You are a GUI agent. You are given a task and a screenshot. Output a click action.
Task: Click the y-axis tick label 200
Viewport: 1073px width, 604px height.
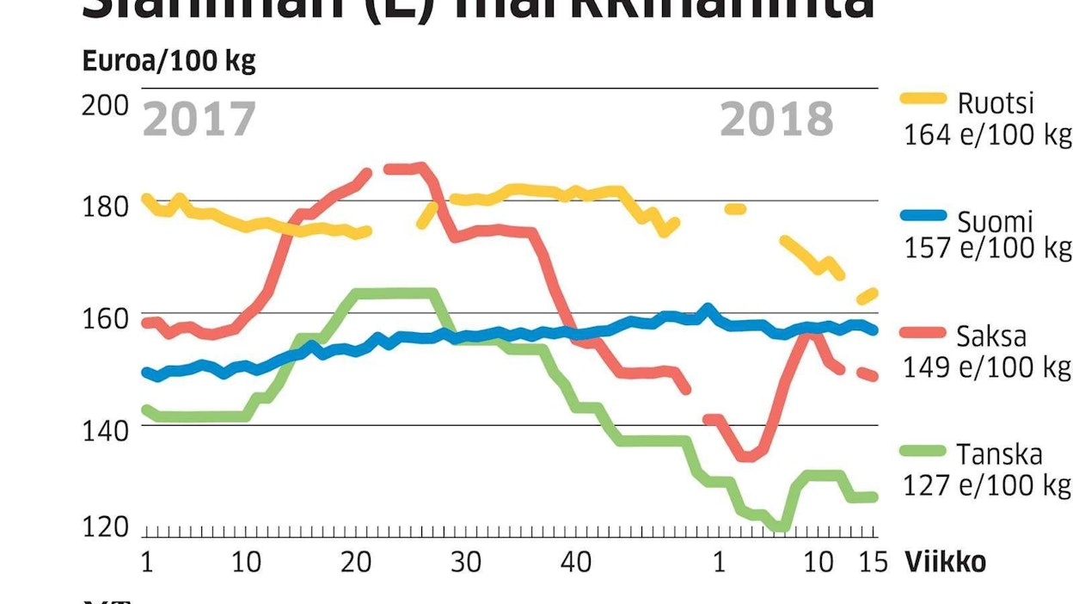point(105,105)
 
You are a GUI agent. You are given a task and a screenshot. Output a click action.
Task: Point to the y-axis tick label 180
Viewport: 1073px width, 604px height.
point(105,206)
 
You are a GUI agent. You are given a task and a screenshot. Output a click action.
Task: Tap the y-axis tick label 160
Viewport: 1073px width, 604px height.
point(105,318)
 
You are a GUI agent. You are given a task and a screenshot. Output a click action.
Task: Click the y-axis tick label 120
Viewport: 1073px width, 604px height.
point(105,527)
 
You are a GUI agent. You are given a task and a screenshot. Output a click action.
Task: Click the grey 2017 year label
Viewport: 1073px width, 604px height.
point(199,120)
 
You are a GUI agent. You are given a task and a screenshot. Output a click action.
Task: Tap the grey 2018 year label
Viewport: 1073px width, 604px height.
point(776,120)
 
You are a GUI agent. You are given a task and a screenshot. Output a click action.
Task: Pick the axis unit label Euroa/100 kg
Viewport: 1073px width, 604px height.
point(169,62)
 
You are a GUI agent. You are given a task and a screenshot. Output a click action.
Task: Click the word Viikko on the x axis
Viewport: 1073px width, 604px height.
point(945,563)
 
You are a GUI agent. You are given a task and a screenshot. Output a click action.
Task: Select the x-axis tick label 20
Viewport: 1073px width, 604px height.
point(355,563)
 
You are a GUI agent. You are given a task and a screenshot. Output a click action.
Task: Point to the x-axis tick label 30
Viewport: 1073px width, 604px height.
point(465,563)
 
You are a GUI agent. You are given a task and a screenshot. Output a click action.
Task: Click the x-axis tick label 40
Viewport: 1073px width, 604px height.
point(575,563)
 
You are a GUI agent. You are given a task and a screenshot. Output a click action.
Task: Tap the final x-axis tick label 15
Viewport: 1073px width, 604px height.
point(873,563)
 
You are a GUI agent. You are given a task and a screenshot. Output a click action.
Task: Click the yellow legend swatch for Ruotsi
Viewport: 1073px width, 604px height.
point(923,98)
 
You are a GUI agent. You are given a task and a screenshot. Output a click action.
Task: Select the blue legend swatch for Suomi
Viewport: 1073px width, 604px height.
point(923,217)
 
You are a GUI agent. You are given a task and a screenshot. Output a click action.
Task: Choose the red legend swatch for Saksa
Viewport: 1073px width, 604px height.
point(923,336)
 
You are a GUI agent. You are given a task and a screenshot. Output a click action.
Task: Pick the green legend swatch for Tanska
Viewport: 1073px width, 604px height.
point(923,451)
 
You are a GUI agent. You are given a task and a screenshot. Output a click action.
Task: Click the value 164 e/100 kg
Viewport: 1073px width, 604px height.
point(987,135)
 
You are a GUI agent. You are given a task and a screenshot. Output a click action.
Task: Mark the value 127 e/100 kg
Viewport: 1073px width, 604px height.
point(987,485)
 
